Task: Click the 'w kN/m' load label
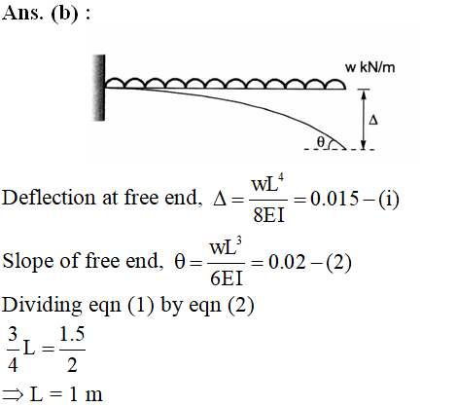(369, 67)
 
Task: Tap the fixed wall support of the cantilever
(99, 88)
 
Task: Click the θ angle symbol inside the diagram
(320, 141)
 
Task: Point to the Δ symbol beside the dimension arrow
(373, 120)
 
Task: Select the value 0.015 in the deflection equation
(334, 199)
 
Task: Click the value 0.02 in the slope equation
(287, 262)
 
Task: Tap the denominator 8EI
(268, 215)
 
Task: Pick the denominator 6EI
(227, 278)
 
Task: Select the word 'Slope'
(28, 261)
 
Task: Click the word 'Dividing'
(42, 306)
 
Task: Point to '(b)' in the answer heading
(64, 14)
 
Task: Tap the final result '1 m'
(86, 394)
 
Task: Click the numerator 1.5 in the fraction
(72, 334)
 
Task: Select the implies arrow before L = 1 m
(13, 394)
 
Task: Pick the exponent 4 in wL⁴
(280, 177)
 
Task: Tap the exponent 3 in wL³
(239, 240)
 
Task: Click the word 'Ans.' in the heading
(22, 14)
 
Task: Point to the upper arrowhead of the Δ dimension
(364, 94)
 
